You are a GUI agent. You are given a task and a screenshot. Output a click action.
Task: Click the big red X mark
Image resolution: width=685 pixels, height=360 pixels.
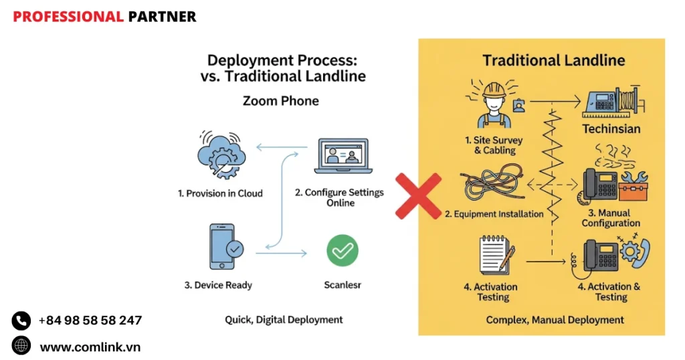click(x=418, y=196)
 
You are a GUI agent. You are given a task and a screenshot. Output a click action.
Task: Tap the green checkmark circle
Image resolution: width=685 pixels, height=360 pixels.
click(x=342, y=251)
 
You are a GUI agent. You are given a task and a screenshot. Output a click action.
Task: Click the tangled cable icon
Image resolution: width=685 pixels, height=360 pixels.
click(x=487, y=187)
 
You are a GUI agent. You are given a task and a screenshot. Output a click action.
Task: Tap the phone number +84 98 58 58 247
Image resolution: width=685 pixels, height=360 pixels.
click(x=90, y=321)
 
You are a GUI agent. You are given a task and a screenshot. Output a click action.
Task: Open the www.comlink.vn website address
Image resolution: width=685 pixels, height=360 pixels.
click(x=90, y=347)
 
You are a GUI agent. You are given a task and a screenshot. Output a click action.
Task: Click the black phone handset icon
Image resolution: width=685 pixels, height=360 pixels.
click(x=21, y=321)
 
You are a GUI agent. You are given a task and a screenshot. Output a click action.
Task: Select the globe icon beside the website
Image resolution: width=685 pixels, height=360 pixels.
click(x=21, y=346)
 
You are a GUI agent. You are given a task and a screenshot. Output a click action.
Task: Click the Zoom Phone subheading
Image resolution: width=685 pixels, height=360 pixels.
click(x=280, y=101)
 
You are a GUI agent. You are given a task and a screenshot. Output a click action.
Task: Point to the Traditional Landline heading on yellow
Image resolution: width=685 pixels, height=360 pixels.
click(x=553, y=60)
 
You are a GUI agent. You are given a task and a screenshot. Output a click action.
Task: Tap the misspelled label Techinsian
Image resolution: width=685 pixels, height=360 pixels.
click(x=611, y=129)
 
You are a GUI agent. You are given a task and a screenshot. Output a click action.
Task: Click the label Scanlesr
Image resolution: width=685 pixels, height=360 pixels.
click(x=342, y=285)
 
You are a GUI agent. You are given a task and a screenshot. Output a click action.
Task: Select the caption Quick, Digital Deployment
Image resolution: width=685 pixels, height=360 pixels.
click(x=284, y=320)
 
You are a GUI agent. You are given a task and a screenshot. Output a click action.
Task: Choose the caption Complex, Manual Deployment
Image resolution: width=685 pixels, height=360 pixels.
click(x=555, y=320)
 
